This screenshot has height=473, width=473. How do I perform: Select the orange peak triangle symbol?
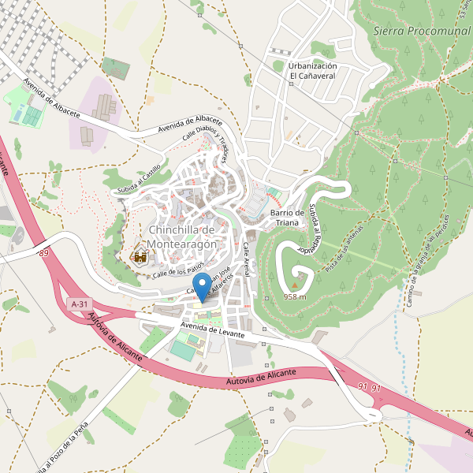(296, 286)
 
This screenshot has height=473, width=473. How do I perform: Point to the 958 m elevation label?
(294, 297)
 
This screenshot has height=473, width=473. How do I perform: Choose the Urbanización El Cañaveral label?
(313, 71)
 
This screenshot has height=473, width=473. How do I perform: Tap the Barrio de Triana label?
(287, 218)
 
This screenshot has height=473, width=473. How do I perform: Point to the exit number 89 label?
(43, 252)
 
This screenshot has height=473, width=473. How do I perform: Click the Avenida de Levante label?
(212, 329)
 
